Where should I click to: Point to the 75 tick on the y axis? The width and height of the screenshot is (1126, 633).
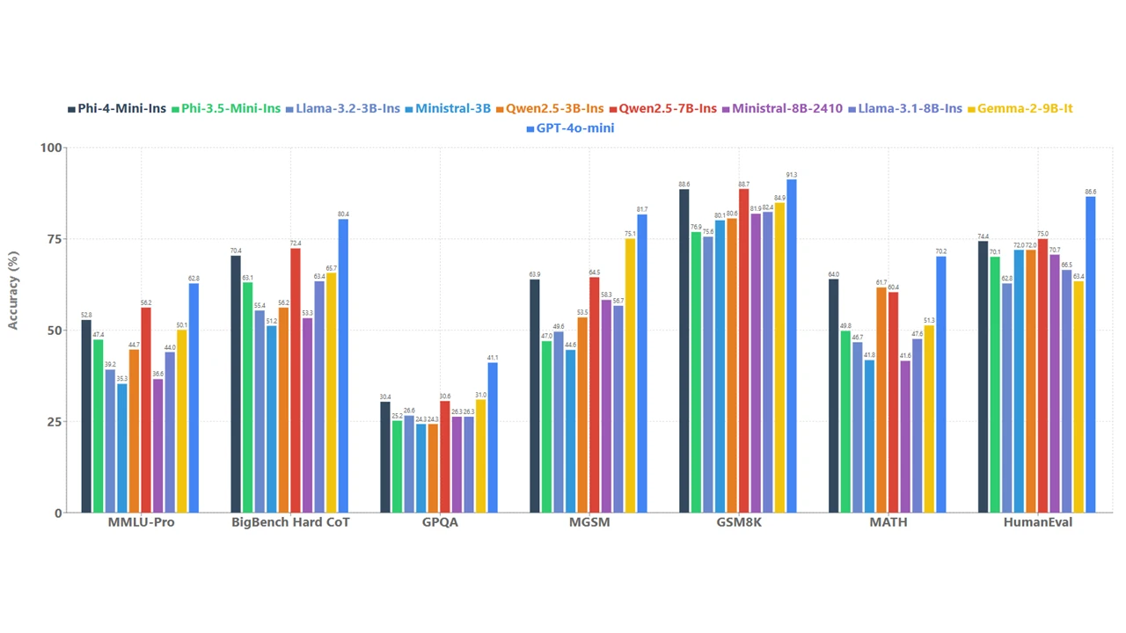pos(52,239)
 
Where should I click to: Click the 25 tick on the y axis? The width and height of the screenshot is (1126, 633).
pos(52,422)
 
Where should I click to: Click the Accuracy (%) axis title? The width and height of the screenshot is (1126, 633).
pos(13,290)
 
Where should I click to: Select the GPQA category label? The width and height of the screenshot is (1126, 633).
pos(439,522)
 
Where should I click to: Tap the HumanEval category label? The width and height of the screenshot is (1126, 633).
pos(1037,522)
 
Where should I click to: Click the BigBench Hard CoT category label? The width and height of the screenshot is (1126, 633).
pos(290,522)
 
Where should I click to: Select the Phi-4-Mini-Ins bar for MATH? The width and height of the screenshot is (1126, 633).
pos(833,396)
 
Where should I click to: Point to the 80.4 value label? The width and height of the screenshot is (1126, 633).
pos(343,215)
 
